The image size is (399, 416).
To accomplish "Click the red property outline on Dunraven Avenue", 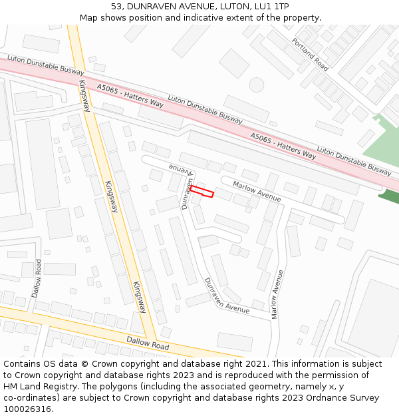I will [201, 192].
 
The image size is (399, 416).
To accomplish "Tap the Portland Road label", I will [310, 53].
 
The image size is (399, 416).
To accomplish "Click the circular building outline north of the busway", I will [257, 85].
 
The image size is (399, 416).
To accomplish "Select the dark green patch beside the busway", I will [390, 195].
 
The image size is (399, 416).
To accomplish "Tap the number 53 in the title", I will [117, 7].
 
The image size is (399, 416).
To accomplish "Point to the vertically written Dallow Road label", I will [38, 278].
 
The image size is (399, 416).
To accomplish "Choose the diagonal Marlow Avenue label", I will [257, 190].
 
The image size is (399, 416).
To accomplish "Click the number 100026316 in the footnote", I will [27, 409].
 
